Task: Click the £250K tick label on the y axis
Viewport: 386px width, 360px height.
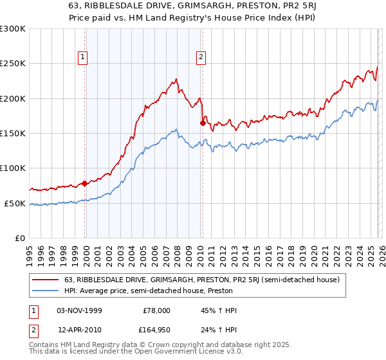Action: [x=13, y=64]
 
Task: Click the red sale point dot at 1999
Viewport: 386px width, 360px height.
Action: [x=85, y=183]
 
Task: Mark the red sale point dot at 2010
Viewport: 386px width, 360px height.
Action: [x=203, y=123]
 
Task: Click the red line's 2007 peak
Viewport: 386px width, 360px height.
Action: [x=176, y=80]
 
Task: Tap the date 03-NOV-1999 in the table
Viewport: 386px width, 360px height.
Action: [x=78, y=310]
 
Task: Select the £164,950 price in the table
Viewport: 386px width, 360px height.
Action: [x=154, y=330]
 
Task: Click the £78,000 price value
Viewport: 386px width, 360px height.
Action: [x=154, y=310]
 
